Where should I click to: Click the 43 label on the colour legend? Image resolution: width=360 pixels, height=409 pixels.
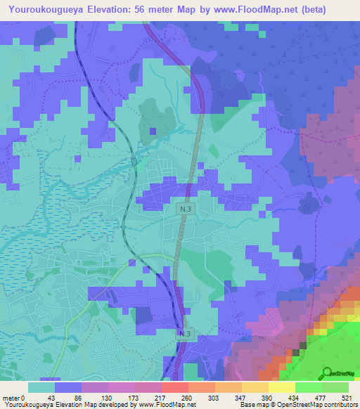coord(51,398)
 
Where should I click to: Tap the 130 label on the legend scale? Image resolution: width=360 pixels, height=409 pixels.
coord(107,398)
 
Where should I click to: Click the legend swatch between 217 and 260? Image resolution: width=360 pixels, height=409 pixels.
coord(174,387)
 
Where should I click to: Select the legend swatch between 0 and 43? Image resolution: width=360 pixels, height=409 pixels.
coord(41,387)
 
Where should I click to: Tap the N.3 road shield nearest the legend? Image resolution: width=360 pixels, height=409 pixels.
coord(185,334)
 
